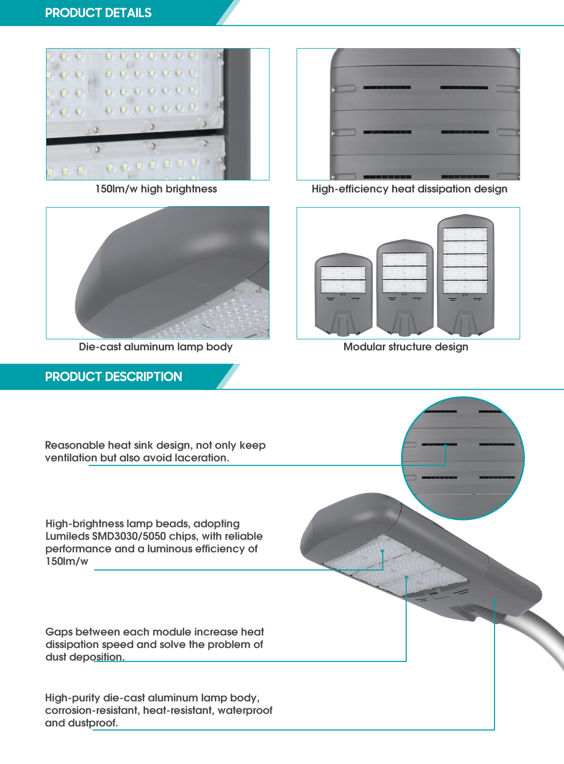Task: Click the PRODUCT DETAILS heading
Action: [x=98, y=13]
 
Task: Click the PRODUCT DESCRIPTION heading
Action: [x=113, y=377]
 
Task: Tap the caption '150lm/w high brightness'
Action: [x=156, y=189]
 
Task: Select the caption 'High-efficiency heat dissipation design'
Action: [x=409, y=189]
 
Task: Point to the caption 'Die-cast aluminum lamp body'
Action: [x=156, y=347]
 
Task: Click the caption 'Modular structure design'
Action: [x=406, y=347]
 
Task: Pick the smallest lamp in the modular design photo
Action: [x=343, y=294]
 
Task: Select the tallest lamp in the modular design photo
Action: [x=465, y=275]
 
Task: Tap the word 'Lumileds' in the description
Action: [x=67, y=536]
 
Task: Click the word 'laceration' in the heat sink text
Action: [x=201, y=458]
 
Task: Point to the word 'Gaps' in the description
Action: [x=59, y=632]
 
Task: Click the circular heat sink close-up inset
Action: [x=463, y=458]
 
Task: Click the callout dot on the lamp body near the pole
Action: [x=495, y=601]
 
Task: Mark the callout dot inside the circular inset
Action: [x=445, y=446]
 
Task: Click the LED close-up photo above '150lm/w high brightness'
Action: [x=157, y=114]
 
